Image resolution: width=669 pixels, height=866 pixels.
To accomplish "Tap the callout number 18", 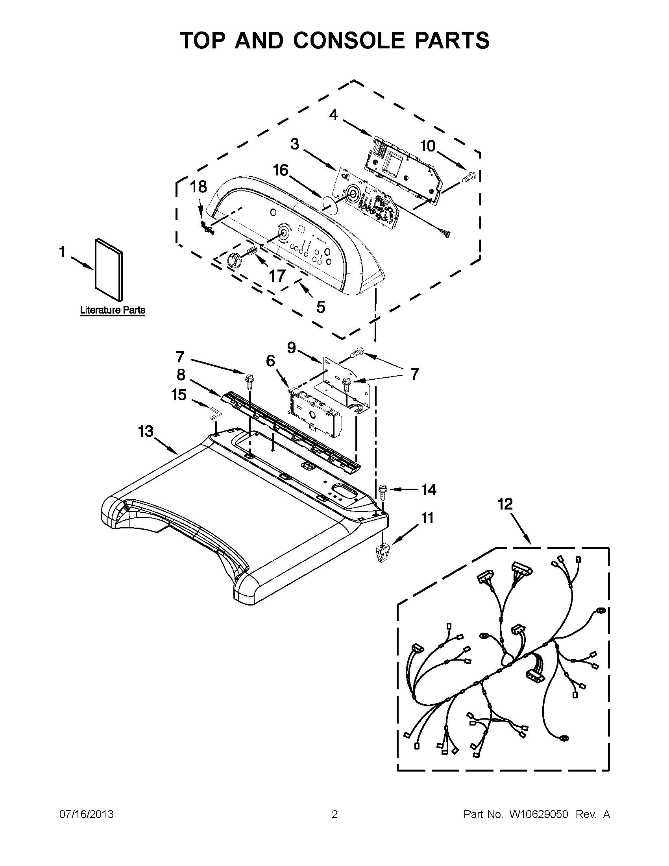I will [198, 186].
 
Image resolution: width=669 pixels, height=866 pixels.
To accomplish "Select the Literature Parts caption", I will [113, 310].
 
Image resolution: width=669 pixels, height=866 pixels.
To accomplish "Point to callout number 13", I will [146, 431].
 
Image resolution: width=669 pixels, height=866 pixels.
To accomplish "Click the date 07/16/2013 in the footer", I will [87, 814].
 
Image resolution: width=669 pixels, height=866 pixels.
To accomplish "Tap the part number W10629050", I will [538, 814].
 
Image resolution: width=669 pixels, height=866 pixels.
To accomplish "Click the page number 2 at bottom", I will [334, 814].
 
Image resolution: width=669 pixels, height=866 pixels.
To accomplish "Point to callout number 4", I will [333, 115].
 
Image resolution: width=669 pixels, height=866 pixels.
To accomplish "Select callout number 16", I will [280, 170].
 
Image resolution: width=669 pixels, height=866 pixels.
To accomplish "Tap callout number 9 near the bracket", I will [292, 348].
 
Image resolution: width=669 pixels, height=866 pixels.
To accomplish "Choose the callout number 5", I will [320, 307].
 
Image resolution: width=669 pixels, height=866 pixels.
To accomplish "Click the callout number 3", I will [294, 144].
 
